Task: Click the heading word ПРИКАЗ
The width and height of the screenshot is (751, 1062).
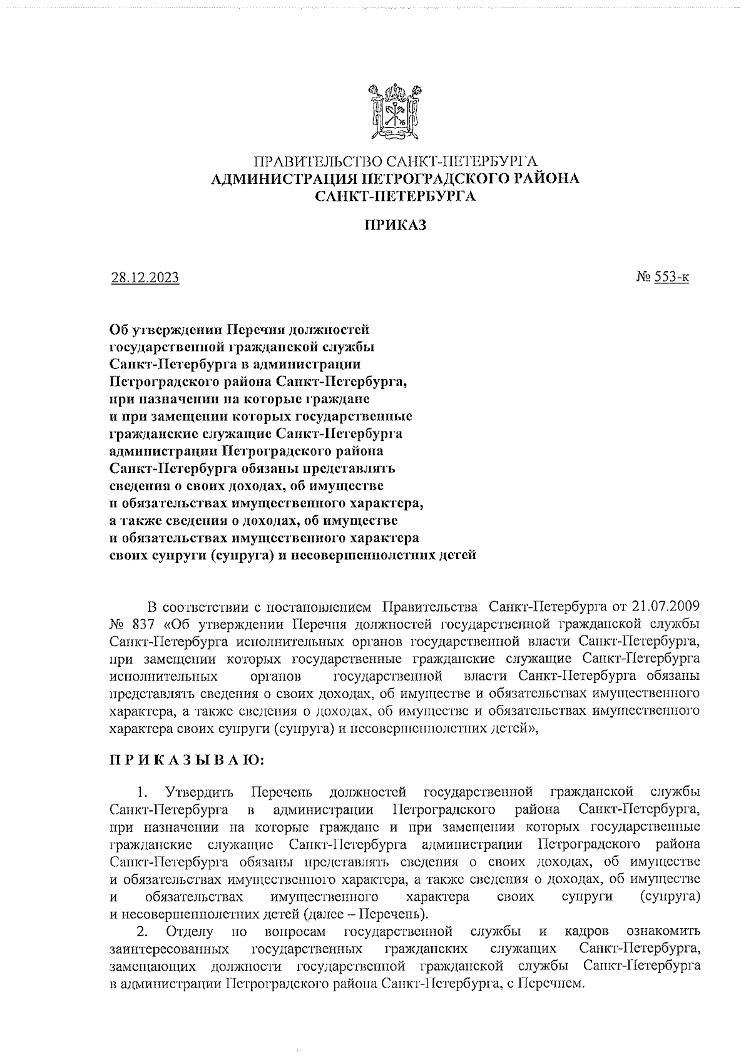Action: click(396, 226)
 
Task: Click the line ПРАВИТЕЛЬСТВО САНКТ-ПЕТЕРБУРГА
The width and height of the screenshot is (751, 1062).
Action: click(396, 162)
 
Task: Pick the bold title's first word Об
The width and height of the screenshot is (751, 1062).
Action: click(118, 328)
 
